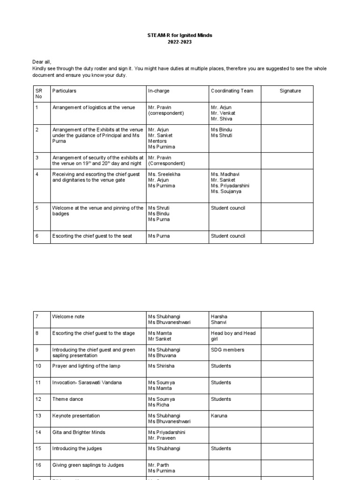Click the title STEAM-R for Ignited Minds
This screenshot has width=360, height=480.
click(x=180, y=35)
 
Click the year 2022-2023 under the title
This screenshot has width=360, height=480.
click(x=180, y=42)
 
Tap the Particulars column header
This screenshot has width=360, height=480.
click(x=64, y=91)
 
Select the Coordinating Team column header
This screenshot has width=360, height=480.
click(x=232, y=91)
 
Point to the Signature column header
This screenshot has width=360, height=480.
click(x=290, y=91)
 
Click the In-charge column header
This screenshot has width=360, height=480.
click(x=159, y=91)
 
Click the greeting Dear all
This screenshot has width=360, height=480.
click(x=42, y=62)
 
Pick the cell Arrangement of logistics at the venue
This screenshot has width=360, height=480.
click(x=93, y=107)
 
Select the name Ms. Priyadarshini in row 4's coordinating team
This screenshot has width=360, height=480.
click(x=230, y=186)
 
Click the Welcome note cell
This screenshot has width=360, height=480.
click(x=68, y=317)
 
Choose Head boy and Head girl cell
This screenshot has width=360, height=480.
click(x=233, y=336)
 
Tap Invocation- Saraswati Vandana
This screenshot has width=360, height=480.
click(x=87, y=382)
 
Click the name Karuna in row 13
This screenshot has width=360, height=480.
click(x=219, y=416)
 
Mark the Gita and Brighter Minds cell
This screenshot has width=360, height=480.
click(x=79, y=432)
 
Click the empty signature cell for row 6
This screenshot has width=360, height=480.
click(x=287, y=237)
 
